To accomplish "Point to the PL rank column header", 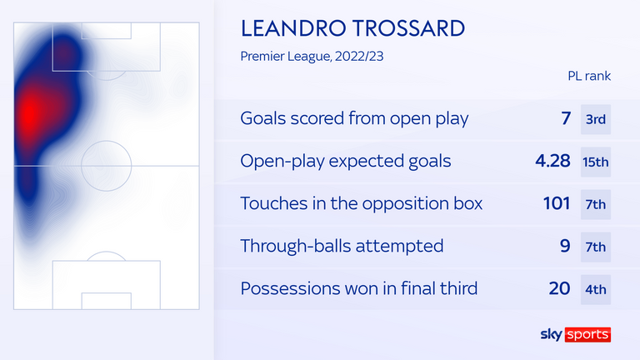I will click(587, 76).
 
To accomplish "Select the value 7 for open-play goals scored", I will click(566, 118).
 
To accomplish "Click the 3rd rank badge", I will click(596, 118).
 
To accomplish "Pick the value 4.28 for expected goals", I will click(552, 161).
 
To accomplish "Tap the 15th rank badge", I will click(596, 161).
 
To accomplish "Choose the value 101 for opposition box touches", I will click(556, 203).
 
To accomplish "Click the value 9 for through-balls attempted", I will click(566, 246).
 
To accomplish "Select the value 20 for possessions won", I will click(560, 288).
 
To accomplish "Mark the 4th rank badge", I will click(596, 288).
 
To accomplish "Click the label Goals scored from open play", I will click(354, 118).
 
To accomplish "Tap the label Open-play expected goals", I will click(346, 161).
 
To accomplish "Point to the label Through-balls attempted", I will click(342, 246).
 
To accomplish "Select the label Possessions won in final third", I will click(359, 288).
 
